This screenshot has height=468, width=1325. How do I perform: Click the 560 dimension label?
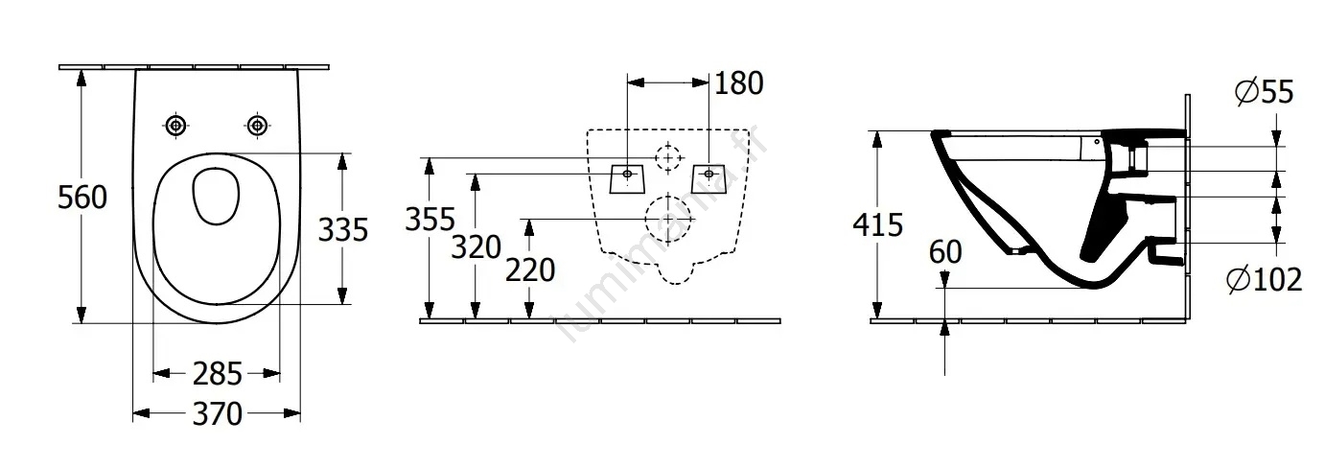point(82,197)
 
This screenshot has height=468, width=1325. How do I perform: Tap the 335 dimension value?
point(343,229)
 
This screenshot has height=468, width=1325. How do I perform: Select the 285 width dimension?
point(217,374)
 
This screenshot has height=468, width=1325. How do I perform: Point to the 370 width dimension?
point(217,413)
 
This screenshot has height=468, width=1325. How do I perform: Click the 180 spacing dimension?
point(739,83)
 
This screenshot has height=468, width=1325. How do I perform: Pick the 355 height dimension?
point(430,220)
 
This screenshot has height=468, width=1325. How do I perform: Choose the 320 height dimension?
point(477,246)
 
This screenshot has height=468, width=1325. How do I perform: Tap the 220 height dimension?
point(530,270)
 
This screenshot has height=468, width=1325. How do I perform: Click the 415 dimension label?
point(878,224)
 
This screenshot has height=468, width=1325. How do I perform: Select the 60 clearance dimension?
point(945,252)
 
